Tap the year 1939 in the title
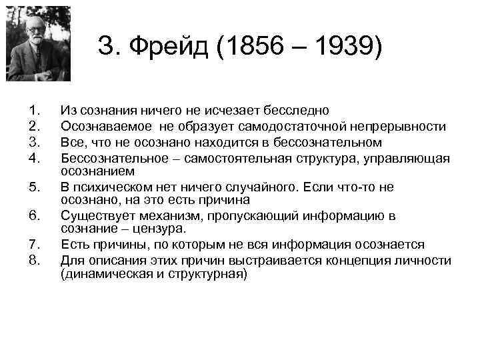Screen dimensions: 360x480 (x=347, y=47)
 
